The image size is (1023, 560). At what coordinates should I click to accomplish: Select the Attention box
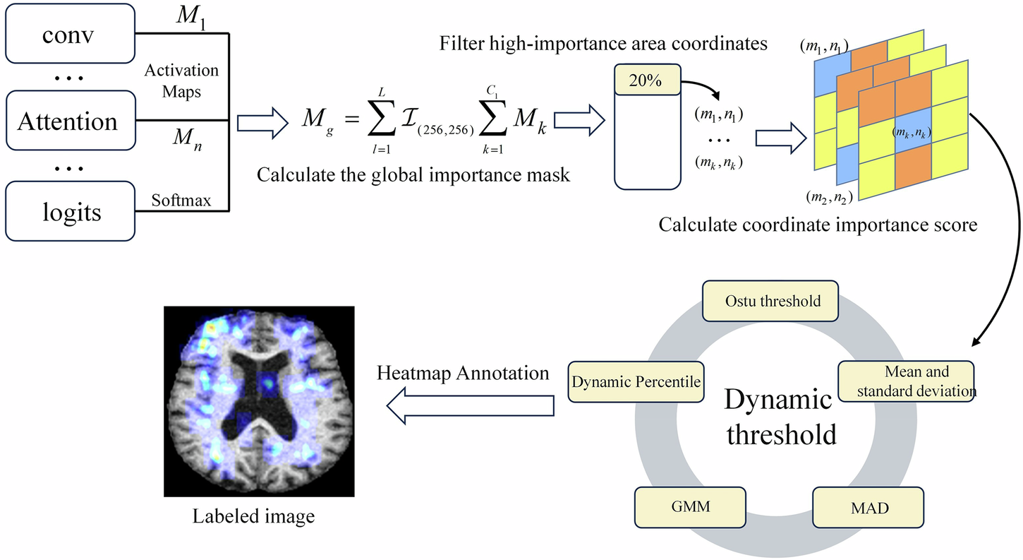click(x=67, y=121)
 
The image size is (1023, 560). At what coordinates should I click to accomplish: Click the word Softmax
click(x=181, y=201)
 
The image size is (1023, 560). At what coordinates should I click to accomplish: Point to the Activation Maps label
click(x=181, y=81)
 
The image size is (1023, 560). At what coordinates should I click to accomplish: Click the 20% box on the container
click(x=645, y=81)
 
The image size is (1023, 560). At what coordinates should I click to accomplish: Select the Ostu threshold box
click(x=773, y=302)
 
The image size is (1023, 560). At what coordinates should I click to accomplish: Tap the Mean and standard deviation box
click(x=906, y=381)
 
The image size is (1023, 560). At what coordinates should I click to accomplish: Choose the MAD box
click(x=859, y=508)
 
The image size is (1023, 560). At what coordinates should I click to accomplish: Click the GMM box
click(x=680, y=507)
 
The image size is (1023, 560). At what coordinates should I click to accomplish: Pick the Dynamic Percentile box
click(x=636, y=382)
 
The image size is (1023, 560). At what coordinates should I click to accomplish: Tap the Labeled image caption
click(x=254, y=516)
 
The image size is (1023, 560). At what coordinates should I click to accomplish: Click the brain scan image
click(x=259, y=401)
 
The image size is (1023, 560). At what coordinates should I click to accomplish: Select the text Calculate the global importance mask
click(x=413, y=174)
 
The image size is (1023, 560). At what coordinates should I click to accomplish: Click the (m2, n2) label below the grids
click(x=830, y=197)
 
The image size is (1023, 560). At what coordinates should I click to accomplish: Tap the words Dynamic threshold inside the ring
click(x=779, y=417)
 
